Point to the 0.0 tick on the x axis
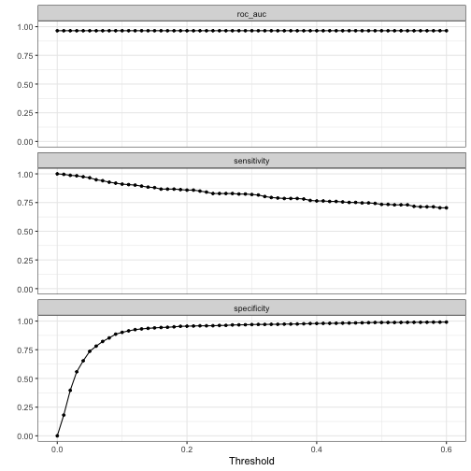pos(57,447)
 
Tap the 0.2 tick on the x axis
pos(187,447)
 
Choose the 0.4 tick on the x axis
pos(317,447)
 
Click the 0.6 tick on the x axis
pos(447,447)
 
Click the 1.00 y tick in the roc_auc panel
pos(21,27)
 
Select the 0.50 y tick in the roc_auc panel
pos(21,84)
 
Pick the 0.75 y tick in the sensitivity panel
pos(21,203)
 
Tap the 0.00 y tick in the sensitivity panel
pos(21,289)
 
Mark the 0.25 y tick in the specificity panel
pos(21,407)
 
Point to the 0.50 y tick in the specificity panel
pos(21,378)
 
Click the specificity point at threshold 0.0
pos(57,435)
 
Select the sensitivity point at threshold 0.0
pos(57,174)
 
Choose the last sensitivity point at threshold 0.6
pos(447,207)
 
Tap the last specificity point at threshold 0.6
pos(447,322)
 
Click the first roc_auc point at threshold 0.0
pos(57,31)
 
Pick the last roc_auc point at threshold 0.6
pos(447,31)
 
